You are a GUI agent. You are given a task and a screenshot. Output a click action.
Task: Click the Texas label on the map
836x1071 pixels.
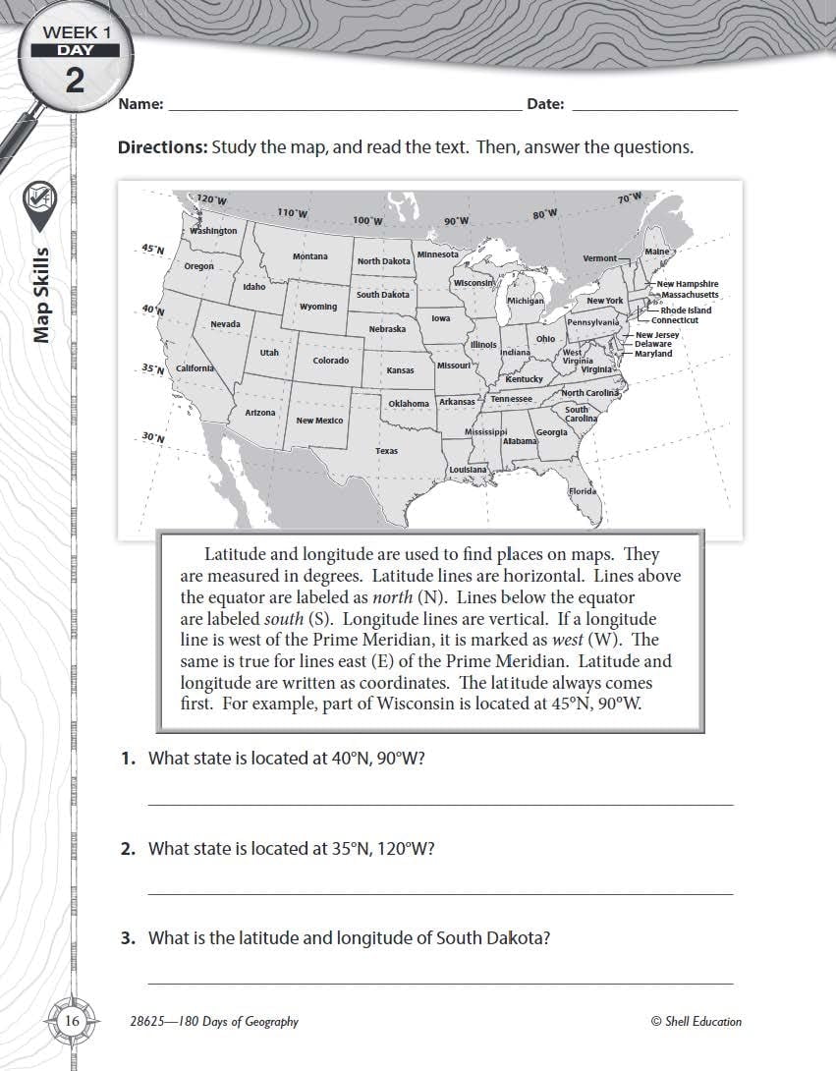[x=386, y=451]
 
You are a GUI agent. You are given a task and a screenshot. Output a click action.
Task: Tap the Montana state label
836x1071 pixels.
[x=310, y=256]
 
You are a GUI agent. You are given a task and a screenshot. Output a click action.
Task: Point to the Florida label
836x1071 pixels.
[x=583, y=491]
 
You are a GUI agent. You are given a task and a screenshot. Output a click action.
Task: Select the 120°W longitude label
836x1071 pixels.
[x=211, y=199]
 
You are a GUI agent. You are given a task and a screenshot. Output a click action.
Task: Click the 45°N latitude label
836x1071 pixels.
[x=152, y=250]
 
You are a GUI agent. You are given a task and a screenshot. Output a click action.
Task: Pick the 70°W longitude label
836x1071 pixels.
[x=629, y=197]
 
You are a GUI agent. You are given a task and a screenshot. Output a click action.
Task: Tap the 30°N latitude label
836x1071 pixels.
[x=152, y=436]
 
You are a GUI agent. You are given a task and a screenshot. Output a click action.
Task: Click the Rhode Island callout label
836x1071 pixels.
[x=686, y=310]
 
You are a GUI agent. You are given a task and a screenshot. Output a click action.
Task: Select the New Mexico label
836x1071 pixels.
[x=319, y=421]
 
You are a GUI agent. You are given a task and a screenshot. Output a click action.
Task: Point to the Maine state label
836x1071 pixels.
[x=656, y=252]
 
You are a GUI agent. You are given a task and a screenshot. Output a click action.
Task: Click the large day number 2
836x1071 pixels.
[x=75, y=81]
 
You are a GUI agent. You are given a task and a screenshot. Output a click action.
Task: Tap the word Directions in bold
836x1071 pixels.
[x=162, y=147]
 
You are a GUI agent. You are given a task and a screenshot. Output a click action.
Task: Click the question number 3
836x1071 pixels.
[x=128, y=938]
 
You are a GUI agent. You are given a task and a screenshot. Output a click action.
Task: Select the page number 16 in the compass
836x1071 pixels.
[x=72, y=1022]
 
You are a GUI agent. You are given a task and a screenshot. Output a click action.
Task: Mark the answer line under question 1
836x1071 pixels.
[x=440, y=804]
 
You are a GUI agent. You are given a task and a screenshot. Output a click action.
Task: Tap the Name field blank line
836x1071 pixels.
[x=344, y=110]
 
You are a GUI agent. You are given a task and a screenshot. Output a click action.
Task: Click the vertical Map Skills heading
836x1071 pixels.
[x=42, y=295]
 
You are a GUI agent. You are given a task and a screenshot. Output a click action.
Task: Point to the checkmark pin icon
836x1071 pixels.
[x=40, y=201]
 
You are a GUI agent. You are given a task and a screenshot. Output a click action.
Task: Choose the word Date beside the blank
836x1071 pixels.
[x=545, y=103]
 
